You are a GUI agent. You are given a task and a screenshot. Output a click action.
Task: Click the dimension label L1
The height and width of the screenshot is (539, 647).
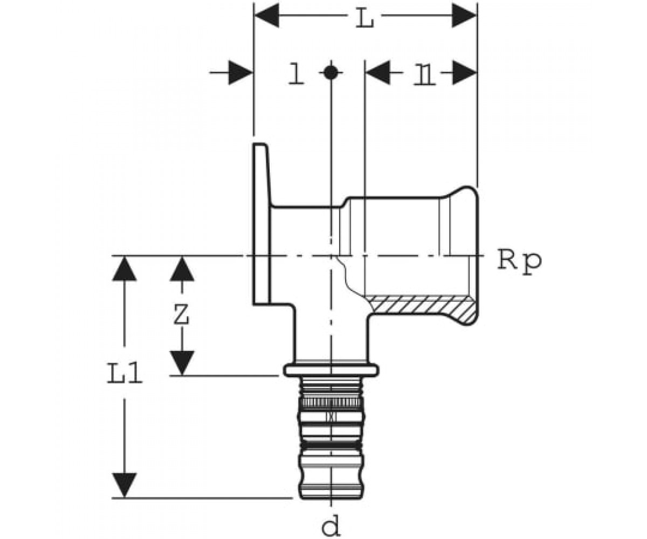[x=125, y=373]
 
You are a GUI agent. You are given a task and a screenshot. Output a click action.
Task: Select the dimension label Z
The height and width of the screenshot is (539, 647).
[x=181, y=314]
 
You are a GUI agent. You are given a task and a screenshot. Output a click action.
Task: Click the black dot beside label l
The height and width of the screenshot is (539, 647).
[x=331, y=73]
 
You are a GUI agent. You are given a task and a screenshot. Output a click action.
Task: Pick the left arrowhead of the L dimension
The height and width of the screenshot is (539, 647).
[x=267, y=15]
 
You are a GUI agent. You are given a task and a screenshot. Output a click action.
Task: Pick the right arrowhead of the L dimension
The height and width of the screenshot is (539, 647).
[x=464, y=15]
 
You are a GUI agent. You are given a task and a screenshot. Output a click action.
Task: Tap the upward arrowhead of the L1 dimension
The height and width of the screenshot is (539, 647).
[x=124, y=268]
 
